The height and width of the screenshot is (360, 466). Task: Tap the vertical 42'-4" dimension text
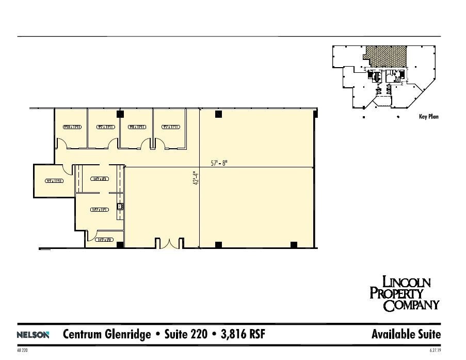(x=195, y=179)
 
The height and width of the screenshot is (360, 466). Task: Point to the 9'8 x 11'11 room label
(x=136, y=127)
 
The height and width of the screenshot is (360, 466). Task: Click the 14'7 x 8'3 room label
(x=99, y=179)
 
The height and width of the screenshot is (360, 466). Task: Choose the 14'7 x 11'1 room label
(x=99, y=210)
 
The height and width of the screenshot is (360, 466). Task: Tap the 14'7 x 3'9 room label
(x=105, y=240)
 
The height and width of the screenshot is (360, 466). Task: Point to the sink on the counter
(x=120, y=207)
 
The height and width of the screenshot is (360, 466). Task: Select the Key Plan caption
(x=428, y=117)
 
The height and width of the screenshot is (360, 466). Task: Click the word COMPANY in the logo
(x=411, y=305)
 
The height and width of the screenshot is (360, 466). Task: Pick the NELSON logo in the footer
(x=33, y=335)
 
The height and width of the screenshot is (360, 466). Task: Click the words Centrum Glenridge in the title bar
(x=106, y=334)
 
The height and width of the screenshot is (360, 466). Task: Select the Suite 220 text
(x=183, y=334)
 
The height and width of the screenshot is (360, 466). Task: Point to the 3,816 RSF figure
(x=242, y=334)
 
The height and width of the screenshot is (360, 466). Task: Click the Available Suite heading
(x=406, y=334)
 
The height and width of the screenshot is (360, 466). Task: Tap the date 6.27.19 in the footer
(x=435, y=350)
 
